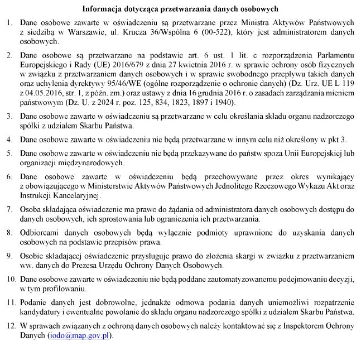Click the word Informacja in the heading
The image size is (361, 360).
click(x=102, y=9)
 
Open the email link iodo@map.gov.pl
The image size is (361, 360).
click(x=80, y=336)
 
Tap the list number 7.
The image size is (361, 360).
click(x=9, y=209)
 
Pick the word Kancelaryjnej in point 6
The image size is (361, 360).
click(x=76, y=195)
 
